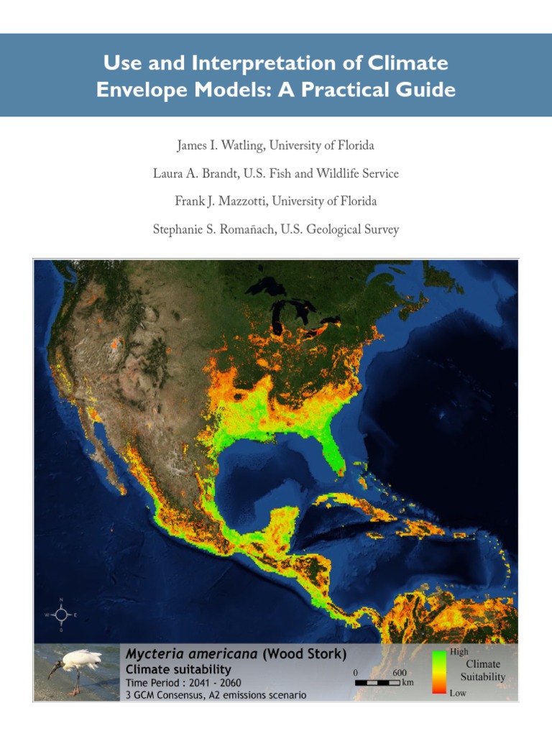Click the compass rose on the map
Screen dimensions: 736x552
pyautogui.click(x=61, y=615)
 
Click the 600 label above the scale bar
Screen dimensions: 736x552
pyautogui.click(x=400, y=672)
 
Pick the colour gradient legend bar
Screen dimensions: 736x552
pyautogui.click(x=438, y=672)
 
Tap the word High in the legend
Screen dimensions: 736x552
pyautogui.click(x=459, y=652)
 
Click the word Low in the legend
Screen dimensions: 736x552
pyautogui.click(x=457, y=694)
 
